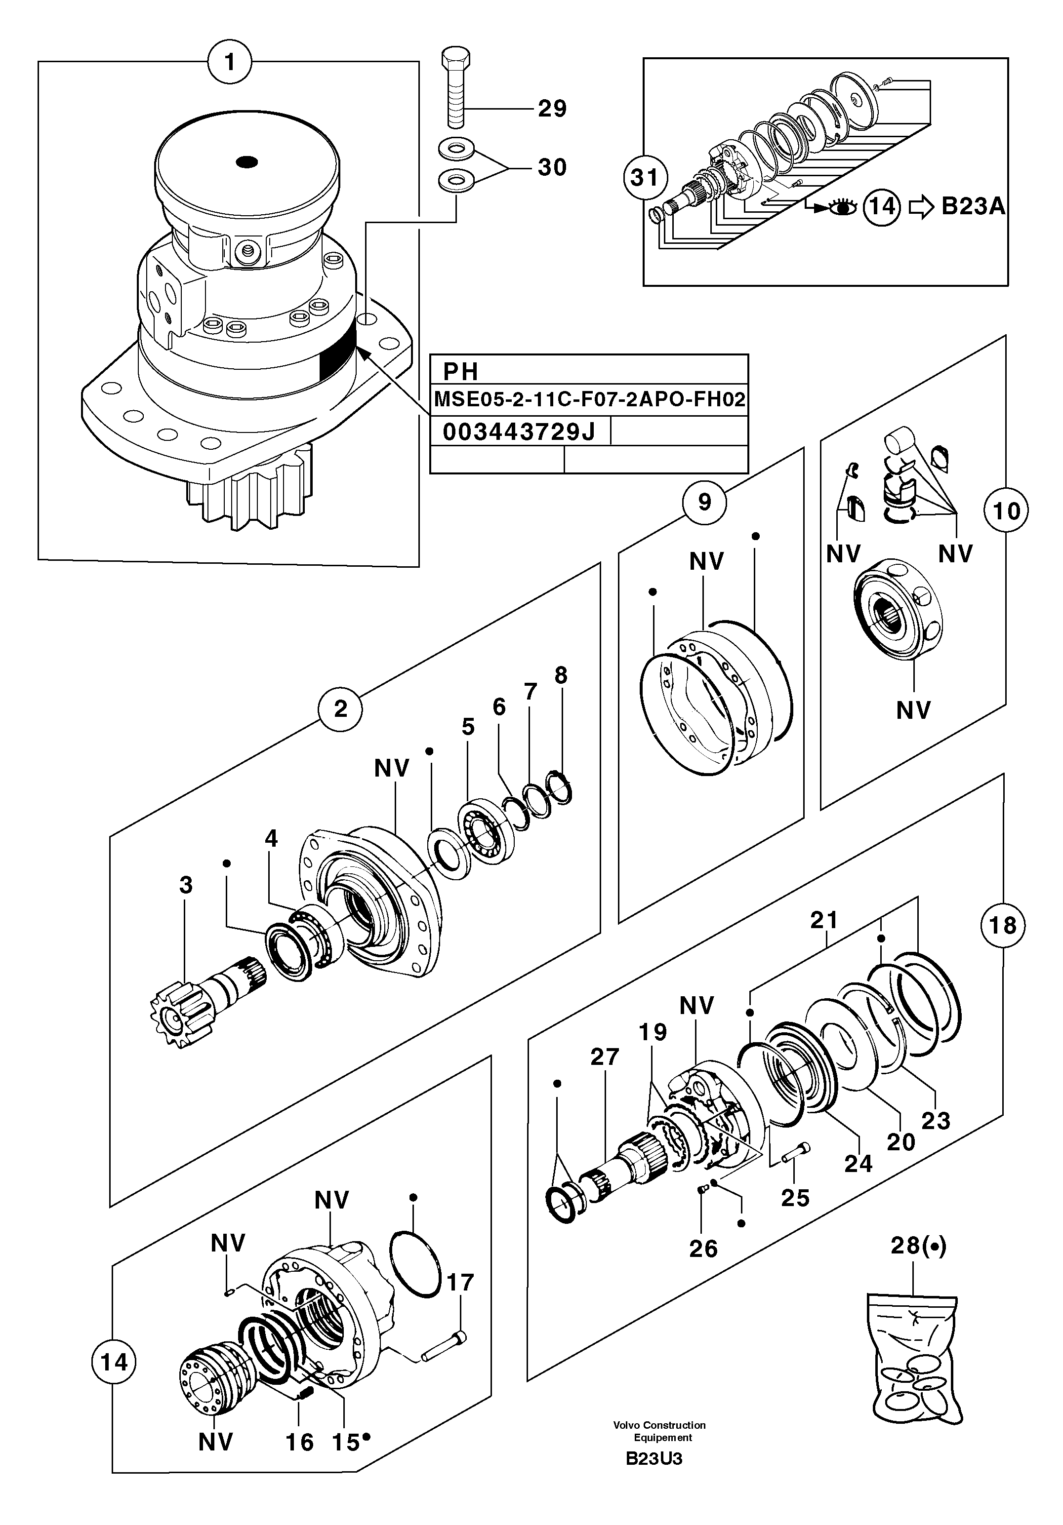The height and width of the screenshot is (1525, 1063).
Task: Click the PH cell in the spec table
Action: coord(461,371)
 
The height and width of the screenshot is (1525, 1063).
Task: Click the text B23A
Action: coord(973,207)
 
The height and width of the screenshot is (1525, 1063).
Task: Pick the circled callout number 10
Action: coord(1006,511)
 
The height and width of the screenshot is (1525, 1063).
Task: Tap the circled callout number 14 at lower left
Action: coord(114,1363)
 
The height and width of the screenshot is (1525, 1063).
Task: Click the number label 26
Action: coord(703,1249)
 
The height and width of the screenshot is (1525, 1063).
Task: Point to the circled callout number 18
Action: coord(1002,925)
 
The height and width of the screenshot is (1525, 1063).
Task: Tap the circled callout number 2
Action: coord(340,709)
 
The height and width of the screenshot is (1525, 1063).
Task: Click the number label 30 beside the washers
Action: coord(551,167)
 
